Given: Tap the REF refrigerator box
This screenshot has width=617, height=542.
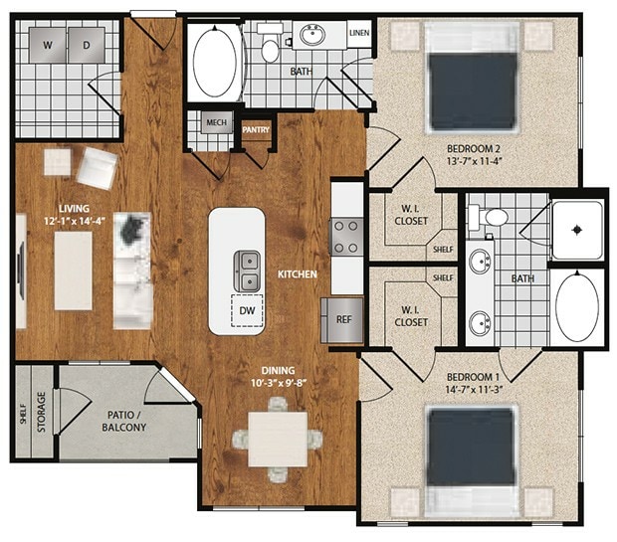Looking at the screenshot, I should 343,320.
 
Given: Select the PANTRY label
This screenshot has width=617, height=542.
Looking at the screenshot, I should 256,129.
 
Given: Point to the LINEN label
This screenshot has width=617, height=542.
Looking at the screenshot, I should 359,34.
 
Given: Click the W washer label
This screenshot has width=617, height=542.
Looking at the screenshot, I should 47,45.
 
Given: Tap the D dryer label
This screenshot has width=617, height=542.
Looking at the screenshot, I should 86,45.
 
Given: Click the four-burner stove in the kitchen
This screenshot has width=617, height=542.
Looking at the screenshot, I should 345,237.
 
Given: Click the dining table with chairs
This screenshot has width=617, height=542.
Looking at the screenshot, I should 278,438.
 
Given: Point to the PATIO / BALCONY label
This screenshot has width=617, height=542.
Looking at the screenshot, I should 126,421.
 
